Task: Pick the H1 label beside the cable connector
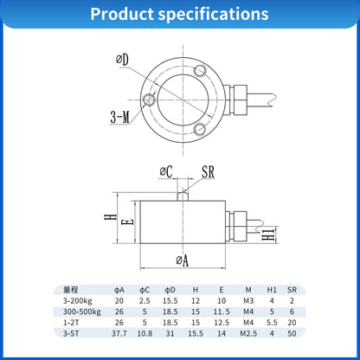269,234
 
